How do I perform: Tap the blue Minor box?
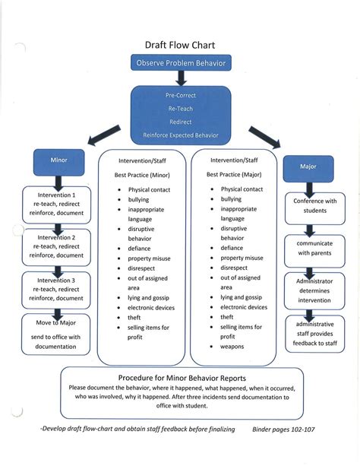coord(58,162)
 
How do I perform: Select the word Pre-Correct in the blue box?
coord(180,95)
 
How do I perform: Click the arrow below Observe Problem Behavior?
coord(180,77)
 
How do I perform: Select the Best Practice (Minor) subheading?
coord(142,175)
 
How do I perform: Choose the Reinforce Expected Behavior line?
coord(180,135)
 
